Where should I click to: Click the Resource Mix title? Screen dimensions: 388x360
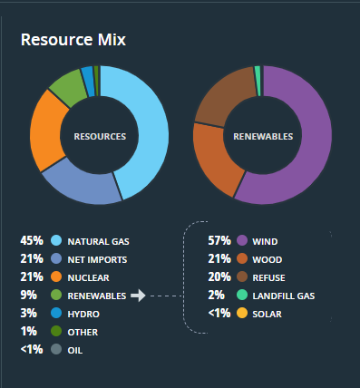(x=73, y=40)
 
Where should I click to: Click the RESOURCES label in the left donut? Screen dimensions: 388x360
(x=100, y=136)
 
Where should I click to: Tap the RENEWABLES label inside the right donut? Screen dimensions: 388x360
(x=263, y=136)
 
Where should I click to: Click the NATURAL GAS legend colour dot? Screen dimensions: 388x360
(x=56, y=241)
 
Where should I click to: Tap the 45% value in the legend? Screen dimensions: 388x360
(x=32, y=241)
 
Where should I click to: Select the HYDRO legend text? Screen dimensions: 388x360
(x=85, y=314)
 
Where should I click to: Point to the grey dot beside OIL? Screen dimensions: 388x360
(x=56, y=350)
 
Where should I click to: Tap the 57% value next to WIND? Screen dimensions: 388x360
(x=219, y=241)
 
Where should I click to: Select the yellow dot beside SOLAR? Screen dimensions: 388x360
(x=242, y=314)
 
